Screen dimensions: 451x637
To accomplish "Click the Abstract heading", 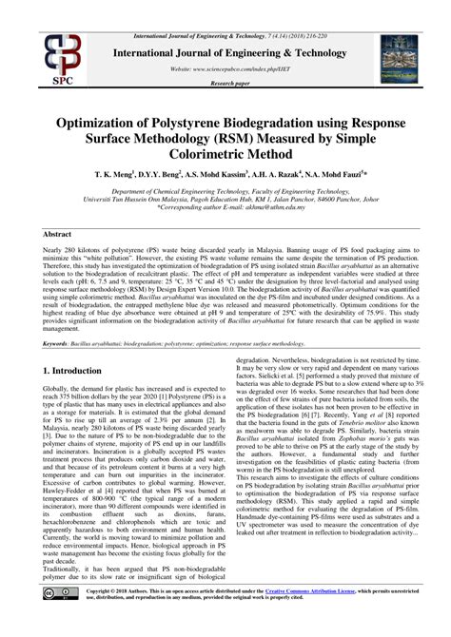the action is point(61,233).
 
